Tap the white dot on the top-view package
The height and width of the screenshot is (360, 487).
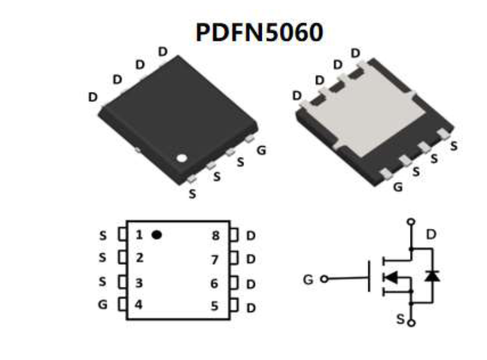[182, 158]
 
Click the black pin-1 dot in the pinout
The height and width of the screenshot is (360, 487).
[157, 235]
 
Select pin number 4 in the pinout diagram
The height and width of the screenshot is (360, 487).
[139, 305]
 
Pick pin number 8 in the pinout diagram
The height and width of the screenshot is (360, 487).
[215, 236]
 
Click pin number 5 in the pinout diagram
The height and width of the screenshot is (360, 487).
[215, 306]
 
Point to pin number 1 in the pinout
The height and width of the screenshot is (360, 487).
[139, 235]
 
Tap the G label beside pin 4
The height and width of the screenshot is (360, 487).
[103, 305]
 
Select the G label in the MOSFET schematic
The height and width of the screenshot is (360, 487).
[308, 279]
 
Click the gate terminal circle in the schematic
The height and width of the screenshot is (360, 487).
[324, 279]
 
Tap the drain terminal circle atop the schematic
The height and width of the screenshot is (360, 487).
[411, 222]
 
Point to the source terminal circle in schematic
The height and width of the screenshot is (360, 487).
[411, 323]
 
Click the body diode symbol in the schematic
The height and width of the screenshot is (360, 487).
[432, 276]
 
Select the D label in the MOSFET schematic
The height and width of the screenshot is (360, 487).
[431, 235]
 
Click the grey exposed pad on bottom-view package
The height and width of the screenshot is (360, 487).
[366, 120]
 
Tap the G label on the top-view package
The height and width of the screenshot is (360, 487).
[261, 150]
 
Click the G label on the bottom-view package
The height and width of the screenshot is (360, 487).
[397, 187]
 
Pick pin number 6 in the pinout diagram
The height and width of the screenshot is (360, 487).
[215, 284]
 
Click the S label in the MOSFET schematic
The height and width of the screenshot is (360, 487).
[400, 319]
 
